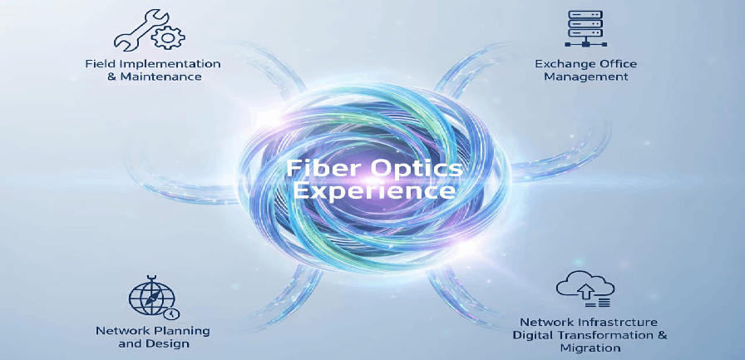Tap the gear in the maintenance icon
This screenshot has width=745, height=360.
[168, 37]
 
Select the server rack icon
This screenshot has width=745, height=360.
[585, 28]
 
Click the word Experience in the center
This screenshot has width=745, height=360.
[373, 191]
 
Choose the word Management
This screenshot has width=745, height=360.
[586, 76]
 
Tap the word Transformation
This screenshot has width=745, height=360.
[601, 335]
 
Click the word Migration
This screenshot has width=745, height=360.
[590, 348]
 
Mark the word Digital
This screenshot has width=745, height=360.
[530, 336]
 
